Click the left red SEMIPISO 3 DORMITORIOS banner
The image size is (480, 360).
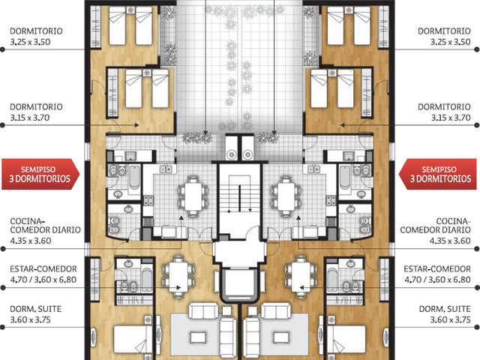(40, 174)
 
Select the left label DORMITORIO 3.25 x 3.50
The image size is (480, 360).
(36, 37)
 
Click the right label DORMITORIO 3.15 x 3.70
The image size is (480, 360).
(444, 112)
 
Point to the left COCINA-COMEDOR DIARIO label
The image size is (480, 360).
(45, 231)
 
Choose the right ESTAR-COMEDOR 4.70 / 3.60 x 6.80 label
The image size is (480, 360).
(437, 274)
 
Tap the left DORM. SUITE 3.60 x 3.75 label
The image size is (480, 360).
(35, 314)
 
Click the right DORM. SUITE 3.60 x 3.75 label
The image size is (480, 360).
(445, 314)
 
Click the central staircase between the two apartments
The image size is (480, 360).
(240, 195)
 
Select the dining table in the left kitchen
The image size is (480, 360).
(193, 196)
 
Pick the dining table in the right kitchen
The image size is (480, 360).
(286, 196)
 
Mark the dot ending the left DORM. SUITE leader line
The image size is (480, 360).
(2, 327)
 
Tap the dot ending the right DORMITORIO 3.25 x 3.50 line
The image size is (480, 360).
(477, 49)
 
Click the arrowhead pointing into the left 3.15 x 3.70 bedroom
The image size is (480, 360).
(136, 125)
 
